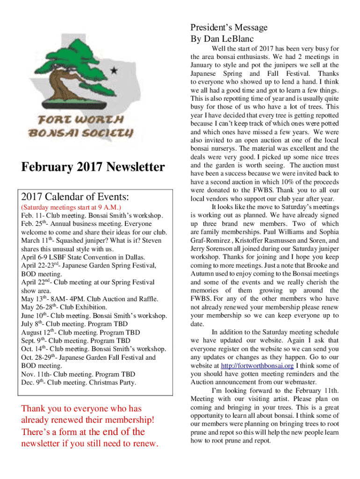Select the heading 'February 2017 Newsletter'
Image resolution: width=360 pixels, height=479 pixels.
[93, 167]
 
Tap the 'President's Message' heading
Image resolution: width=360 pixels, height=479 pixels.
[229, 28]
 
